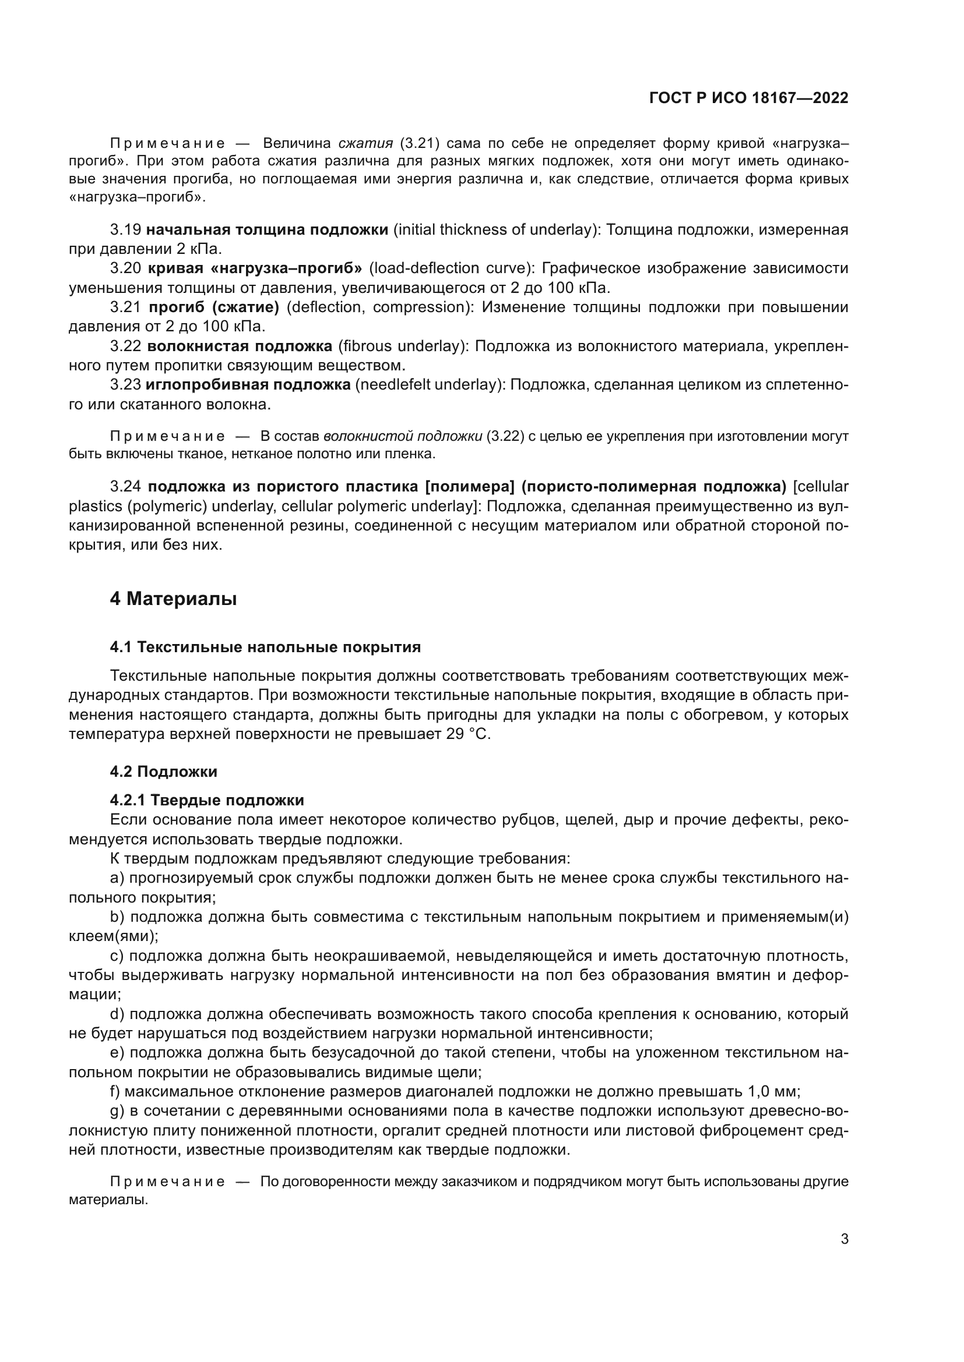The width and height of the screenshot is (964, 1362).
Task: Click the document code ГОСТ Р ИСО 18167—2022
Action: pyautogui.click(x=748, y=98)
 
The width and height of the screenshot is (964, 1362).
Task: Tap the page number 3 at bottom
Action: pyautogui.click(x=844, y=1239)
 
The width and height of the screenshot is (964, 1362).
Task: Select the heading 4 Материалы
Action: pyautogui.click(x=173, y=599)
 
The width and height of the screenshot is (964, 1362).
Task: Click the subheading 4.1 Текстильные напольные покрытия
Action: pyautogui.click(x=265, y=647)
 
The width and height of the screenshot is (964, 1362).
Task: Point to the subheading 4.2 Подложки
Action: pyautogui.click(x=163, y=772)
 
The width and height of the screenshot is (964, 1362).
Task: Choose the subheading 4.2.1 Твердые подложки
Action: pyautogui.click(x=206, y=800)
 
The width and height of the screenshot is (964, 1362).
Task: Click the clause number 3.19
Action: pyautogui.click(x=125, y=229)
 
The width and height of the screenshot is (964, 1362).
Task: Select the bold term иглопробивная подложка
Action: pyautogui.click(x=248, y=385)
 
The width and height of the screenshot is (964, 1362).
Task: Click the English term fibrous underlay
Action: pyautogui.click(x=400, y=346)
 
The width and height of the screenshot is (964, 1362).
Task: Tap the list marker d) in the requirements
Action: pyautogui.click(x=118, y=1014)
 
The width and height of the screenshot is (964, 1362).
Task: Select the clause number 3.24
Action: pyautogui.click(x=125, y=486)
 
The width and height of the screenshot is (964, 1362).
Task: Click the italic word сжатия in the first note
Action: pyautogui.click(x=365, y=143)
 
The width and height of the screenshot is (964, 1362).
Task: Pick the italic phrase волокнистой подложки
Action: pyautogui.click(x=402, y=437)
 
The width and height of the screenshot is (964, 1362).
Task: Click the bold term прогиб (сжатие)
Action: pyautogui.click(x=214, y=307)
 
